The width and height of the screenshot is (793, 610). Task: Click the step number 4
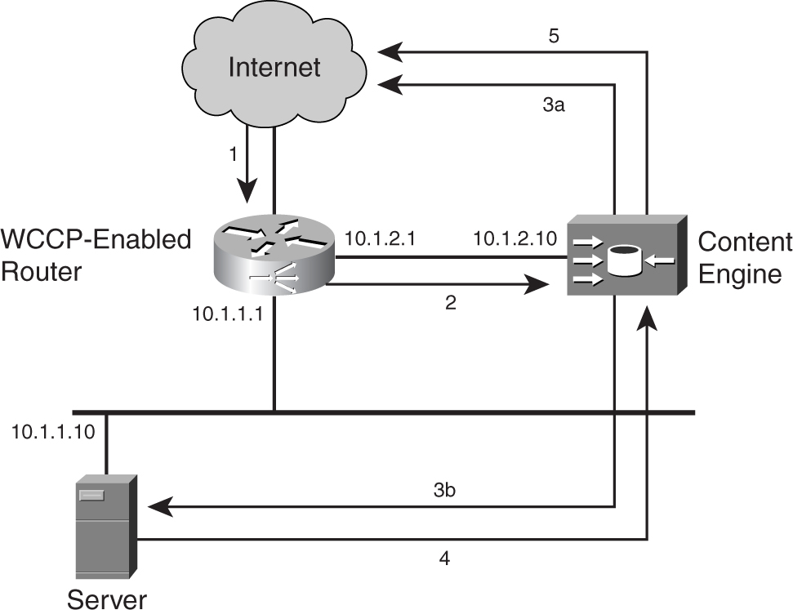(444, 559)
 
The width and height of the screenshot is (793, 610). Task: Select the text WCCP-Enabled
(96, 240)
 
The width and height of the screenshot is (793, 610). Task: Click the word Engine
(741, 273)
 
